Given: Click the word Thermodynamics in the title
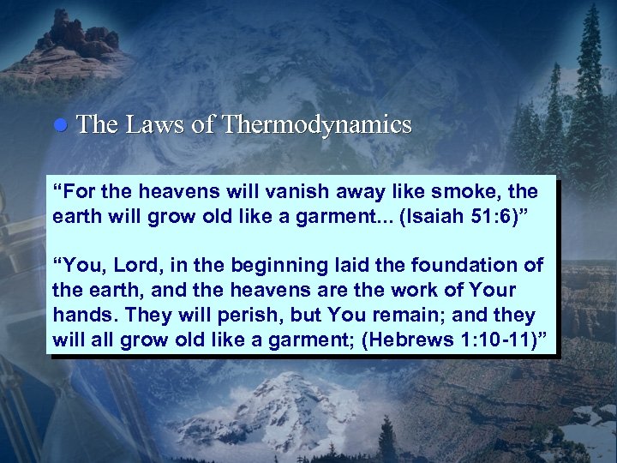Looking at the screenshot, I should pos(316,125).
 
